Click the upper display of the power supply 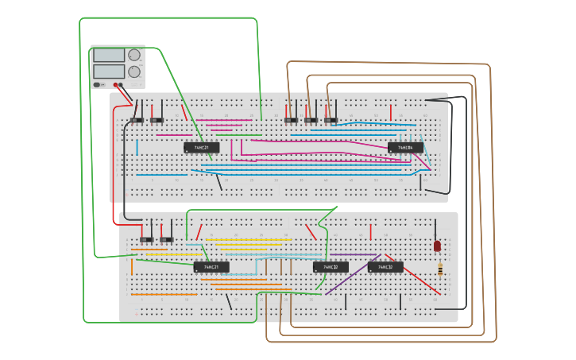tap(109, 56)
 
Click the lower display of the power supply tap(109, 72)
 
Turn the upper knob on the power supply tap(134, 56)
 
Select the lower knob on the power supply tap(134, 72)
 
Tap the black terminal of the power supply tap(122, 84)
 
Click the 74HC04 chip tap(405, 147)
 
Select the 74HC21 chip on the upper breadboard tap(202, 147)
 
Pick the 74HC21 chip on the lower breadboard tap(211, 267)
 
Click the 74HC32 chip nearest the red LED tap(385, 267)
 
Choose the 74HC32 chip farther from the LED tap(331, 267)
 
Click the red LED tap(437, 246)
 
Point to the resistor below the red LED tap(440, 270)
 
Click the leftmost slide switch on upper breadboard tap(137, 120)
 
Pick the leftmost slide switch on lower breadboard tap(147, 239)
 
